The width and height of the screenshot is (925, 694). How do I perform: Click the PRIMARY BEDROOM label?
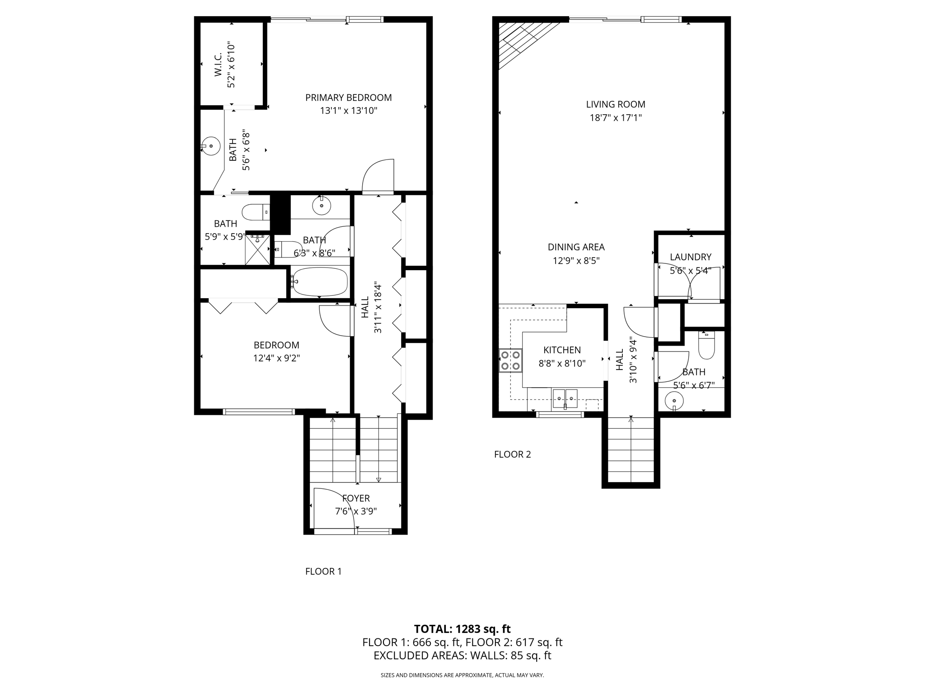pyautogui.click(x=348, y=98)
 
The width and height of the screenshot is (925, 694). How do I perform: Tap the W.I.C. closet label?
pyautogui.click(x=218, y=64)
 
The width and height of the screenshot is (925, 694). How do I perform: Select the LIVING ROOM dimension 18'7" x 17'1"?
pyautogui.click(x=616, y=118)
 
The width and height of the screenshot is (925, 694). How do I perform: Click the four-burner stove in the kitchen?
pyautogui.click(x=510, y=361)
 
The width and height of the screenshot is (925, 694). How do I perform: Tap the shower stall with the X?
pyautogui.click(x=257, y=249)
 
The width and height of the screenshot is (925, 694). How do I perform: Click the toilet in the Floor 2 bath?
pyautogui.click(x=706, y=345)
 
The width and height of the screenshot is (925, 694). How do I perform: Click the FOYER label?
pyautogui.click(x=356, y=498)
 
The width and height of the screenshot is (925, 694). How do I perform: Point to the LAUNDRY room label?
pyautogui.click(x=690, y=257)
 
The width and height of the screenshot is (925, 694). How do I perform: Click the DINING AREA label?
pyautogui.click(x=576, y=247)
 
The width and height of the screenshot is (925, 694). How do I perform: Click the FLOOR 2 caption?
pyautogui.click(x=512, y=455)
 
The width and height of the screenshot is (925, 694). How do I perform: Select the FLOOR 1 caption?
pyautogui.click(x=323, y=572)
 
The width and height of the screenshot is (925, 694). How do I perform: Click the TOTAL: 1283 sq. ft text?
pyautogui.click(x=462, y=629)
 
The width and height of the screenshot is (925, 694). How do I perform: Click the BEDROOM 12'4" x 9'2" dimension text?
pyautogui.click(x=276, y=358)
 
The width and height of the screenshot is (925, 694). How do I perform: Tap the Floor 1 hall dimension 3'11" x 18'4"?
pyautogui.click(x=378, y=308)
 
